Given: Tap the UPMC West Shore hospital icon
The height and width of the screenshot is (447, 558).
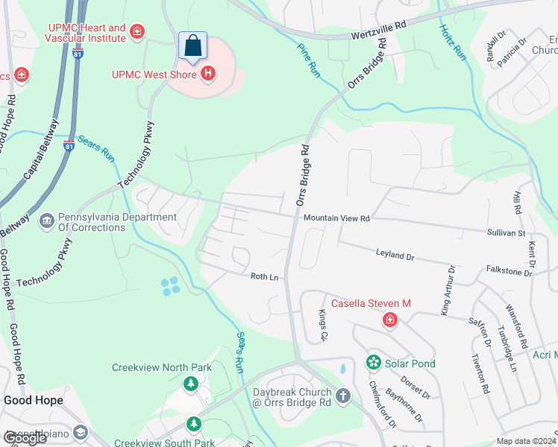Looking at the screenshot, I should tap(208, 74).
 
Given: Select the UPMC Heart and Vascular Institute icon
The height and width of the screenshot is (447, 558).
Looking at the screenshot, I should tap(137, 31).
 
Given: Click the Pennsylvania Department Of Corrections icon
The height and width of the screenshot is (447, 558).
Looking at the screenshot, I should tap(46, 220).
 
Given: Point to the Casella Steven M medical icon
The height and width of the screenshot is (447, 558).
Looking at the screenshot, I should tap(389, 320).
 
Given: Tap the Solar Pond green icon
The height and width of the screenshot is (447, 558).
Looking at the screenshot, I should tap(373, 363).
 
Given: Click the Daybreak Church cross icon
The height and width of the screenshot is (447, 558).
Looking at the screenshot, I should tap(342, 395).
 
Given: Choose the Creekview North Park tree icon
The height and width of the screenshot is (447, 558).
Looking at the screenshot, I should tap(191, 384).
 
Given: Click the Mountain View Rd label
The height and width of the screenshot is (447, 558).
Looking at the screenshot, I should tap(336, 218).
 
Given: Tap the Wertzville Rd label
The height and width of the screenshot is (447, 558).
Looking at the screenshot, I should tap(380, 30).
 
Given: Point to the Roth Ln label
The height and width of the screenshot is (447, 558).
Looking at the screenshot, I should tap(264, 276).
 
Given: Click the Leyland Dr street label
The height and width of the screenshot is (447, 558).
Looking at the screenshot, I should tap(395, 256).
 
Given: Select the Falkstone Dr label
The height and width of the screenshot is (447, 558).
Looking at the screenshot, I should tap(509, 273).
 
